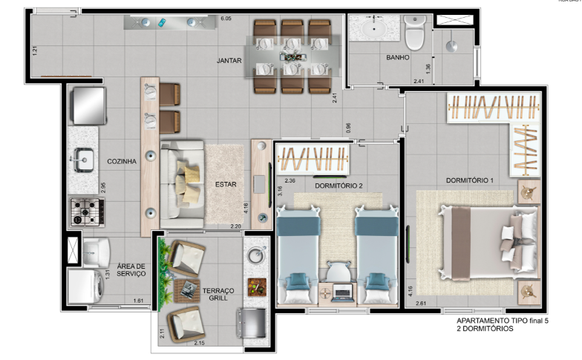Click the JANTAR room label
[228, 61]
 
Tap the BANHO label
[398, 57]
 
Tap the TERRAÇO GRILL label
[218, 293]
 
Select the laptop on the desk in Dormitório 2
[343, 292]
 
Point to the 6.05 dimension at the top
[226, 17]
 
